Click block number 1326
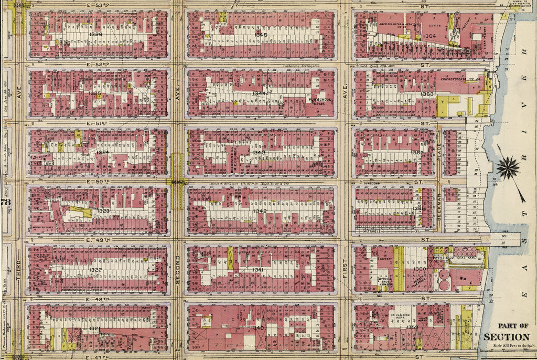[95, 35]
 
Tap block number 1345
[261, 35]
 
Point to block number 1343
[259, 153]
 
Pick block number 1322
[95, 270]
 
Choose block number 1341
[258, 270]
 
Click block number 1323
[103, 210]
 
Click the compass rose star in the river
[507, 168]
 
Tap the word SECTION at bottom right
[507, 337]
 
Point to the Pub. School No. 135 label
[318, 101]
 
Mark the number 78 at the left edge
[6, 203]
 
